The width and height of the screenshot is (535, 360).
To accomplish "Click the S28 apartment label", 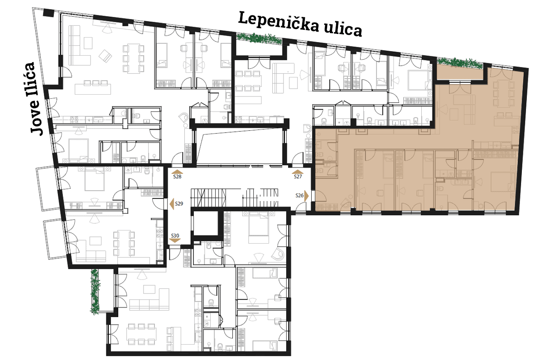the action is [177, 177].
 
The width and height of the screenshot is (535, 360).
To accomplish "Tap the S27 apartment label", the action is [298, 177].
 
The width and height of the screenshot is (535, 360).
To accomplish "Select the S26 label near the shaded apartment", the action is [299, 195].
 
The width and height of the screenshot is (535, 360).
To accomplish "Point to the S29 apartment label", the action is [179, 203].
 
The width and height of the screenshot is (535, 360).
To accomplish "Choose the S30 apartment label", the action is [175, 235].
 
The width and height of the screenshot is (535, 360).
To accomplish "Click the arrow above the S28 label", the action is [177, 172].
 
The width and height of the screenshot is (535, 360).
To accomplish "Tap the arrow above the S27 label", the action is [298, 172].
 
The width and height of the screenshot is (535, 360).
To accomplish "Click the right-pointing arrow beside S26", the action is [306, 196].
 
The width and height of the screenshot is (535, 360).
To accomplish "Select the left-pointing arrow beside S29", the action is [172, 204].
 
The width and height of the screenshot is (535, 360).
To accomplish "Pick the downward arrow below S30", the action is [175, 241].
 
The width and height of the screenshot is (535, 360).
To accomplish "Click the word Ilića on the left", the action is [31, 80].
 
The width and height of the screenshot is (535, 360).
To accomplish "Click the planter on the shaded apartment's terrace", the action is [460, 62].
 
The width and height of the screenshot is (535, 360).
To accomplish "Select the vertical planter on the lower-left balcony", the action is [95, 291].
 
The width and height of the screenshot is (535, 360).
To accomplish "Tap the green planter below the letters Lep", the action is [259, 38].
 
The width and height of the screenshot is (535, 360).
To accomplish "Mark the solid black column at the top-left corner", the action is [49, 13].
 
